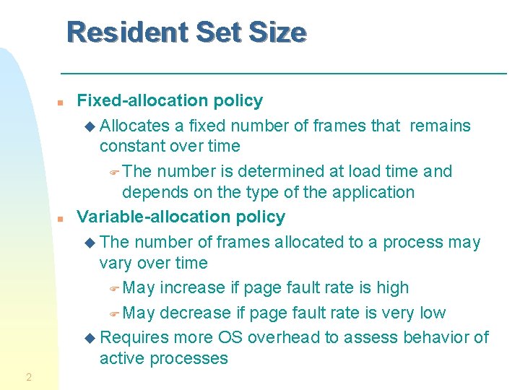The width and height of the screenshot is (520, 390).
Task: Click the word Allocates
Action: point(134,126)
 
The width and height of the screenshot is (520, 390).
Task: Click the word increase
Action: point(192,287)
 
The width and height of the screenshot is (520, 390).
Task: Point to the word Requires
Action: point(134,337)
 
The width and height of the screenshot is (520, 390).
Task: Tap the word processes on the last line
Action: point(189,358)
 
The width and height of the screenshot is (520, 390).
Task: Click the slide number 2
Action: point(28,377)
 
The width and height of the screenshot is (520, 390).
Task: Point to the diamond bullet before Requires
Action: point(90,338)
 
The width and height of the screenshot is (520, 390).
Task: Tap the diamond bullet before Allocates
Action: point(90,126)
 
